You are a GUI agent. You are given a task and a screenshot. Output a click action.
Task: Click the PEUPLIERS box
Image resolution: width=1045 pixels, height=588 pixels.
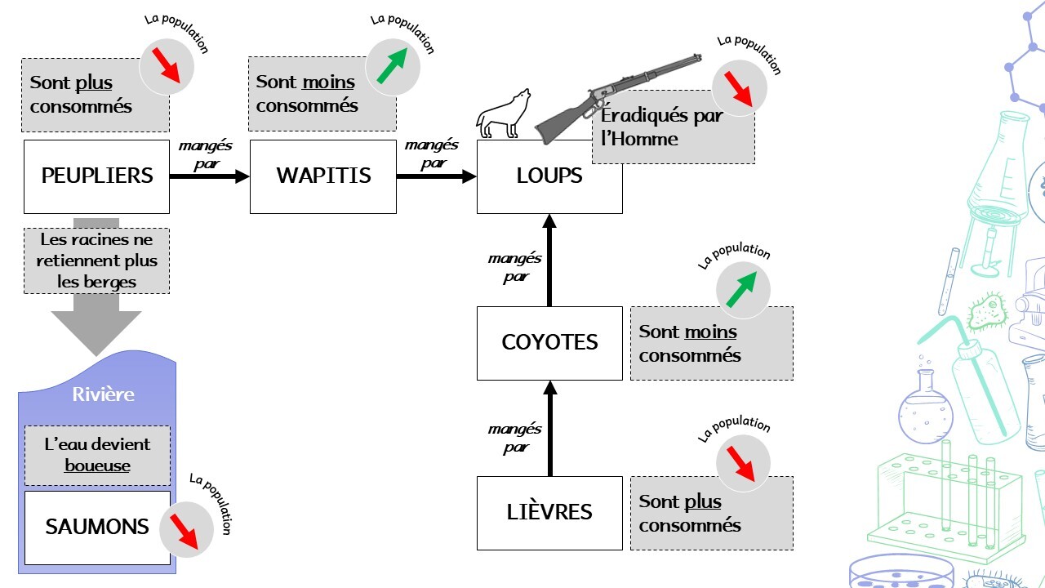[96, 176]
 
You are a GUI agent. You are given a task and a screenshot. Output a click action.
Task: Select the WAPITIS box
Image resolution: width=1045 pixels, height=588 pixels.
[322, 176]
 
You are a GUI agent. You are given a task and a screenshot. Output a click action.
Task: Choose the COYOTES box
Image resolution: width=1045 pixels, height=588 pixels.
[549, 343]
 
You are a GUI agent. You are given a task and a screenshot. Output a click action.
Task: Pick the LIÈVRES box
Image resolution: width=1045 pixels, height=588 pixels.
[549, 513]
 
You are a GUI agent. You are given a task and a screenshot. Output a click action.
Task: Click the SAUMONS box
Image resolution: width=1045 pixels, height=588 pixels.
[96, 528]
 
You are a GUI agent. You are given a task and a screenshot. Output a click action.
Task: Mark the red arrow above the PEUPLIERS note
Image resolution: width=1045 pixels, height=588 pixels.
[167, 65]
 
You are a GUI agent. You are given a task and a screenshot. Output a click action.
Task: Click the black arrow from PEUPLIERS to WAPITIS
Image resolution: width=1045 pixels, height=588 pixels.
[209, 176]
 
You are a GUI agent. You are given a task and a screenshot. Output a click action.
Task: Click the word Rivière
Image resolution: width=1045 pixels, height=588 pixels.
[103, 394]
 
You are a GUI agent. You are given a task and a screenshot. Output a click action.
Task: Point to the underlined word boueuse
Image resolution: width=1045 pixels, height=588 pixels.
[97, 465]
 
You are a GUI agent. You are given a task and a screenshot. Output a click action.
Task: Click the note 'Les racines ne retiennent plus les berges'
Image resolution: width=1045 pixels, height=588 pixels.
[97, 261]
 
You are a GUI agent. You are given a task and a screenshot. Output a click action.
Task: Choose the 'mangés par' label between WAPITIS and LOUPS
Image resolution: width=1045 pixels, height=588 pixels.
[431, 154]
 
